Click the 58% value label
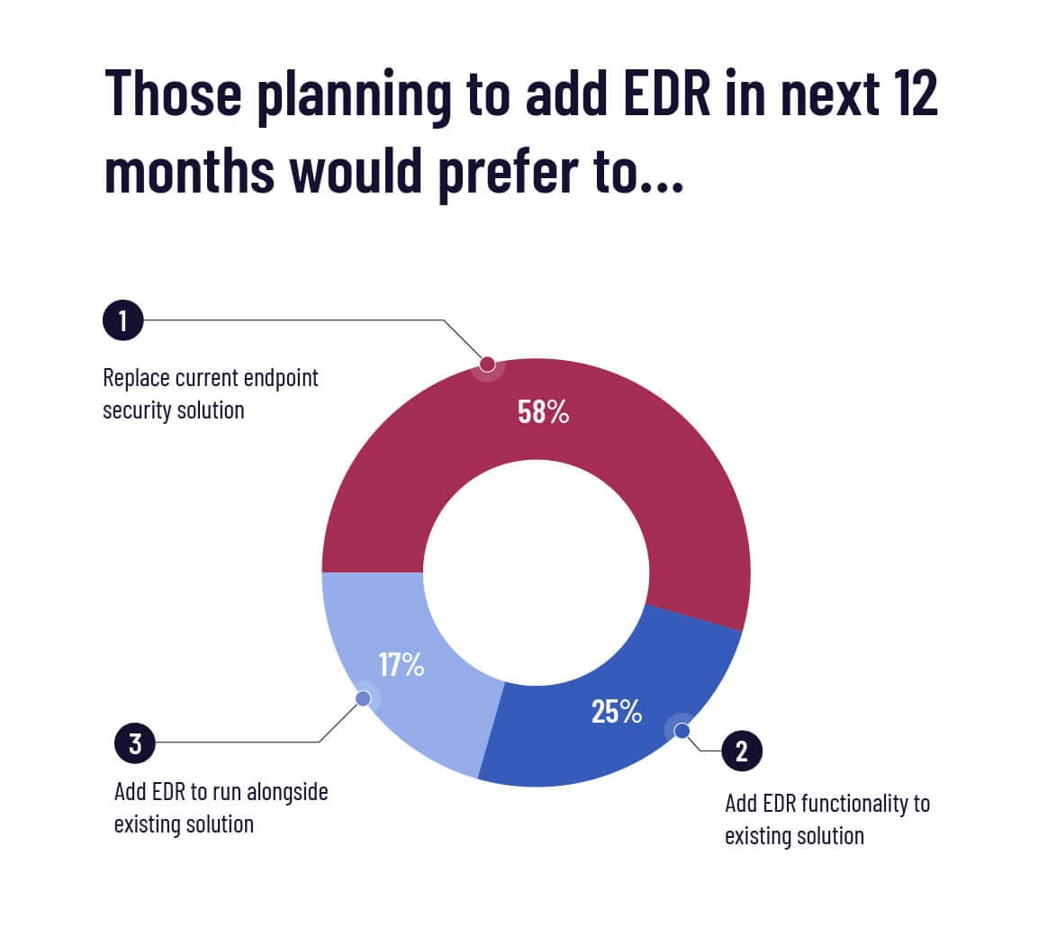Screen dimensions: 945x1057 [x=543, y=412]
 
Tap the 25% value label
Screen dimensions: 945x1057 [x=617, y=712]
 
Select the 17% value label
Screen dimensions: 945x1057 [x=401, y=665]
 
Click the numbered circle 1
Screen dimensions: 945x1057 [x=123, y=320]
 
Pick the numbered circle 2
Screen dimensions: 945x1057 [x=742, y=751]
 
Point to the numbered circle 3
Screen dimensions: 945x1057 [x=135, y=743]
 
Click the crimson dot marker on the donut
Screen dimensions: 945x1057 [x=488, y=364]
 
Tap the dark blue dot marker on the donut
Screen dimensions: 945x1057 [x=682, y=731]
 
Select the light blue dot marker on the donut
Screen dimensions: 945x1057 [x=363, y=698]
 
